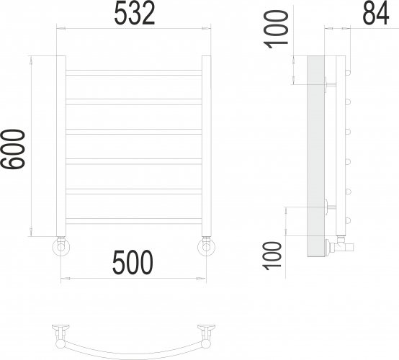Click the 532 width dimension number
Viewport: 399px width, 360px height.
click(x=135, y=14)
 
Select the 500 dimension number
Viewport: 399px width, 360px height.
click(x=133, y=264)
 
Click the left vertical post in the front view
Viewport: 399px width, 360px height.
click(x=61, y=144)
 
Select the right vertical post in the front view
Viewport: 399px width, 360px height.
click(x=207, y=144)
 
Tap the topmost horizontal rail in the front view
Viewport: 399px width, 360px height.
click(x=134, y=71)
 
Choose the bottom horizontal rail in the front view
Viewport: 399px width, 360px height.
click(x=134, y=219)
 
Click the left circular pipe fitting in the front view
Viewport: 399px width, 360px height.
click(x=60, y=248)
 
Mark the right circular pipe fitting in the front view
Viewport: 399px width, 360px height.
click(x=207, y=248)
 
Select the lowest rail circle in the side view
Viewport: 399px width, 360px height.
click(x=349, y=220)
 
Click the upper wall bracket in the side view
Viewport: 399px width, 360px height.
click(x=331, y=83)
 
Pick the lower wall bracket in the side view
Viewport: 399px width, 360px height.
click(x=331, y=207)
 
